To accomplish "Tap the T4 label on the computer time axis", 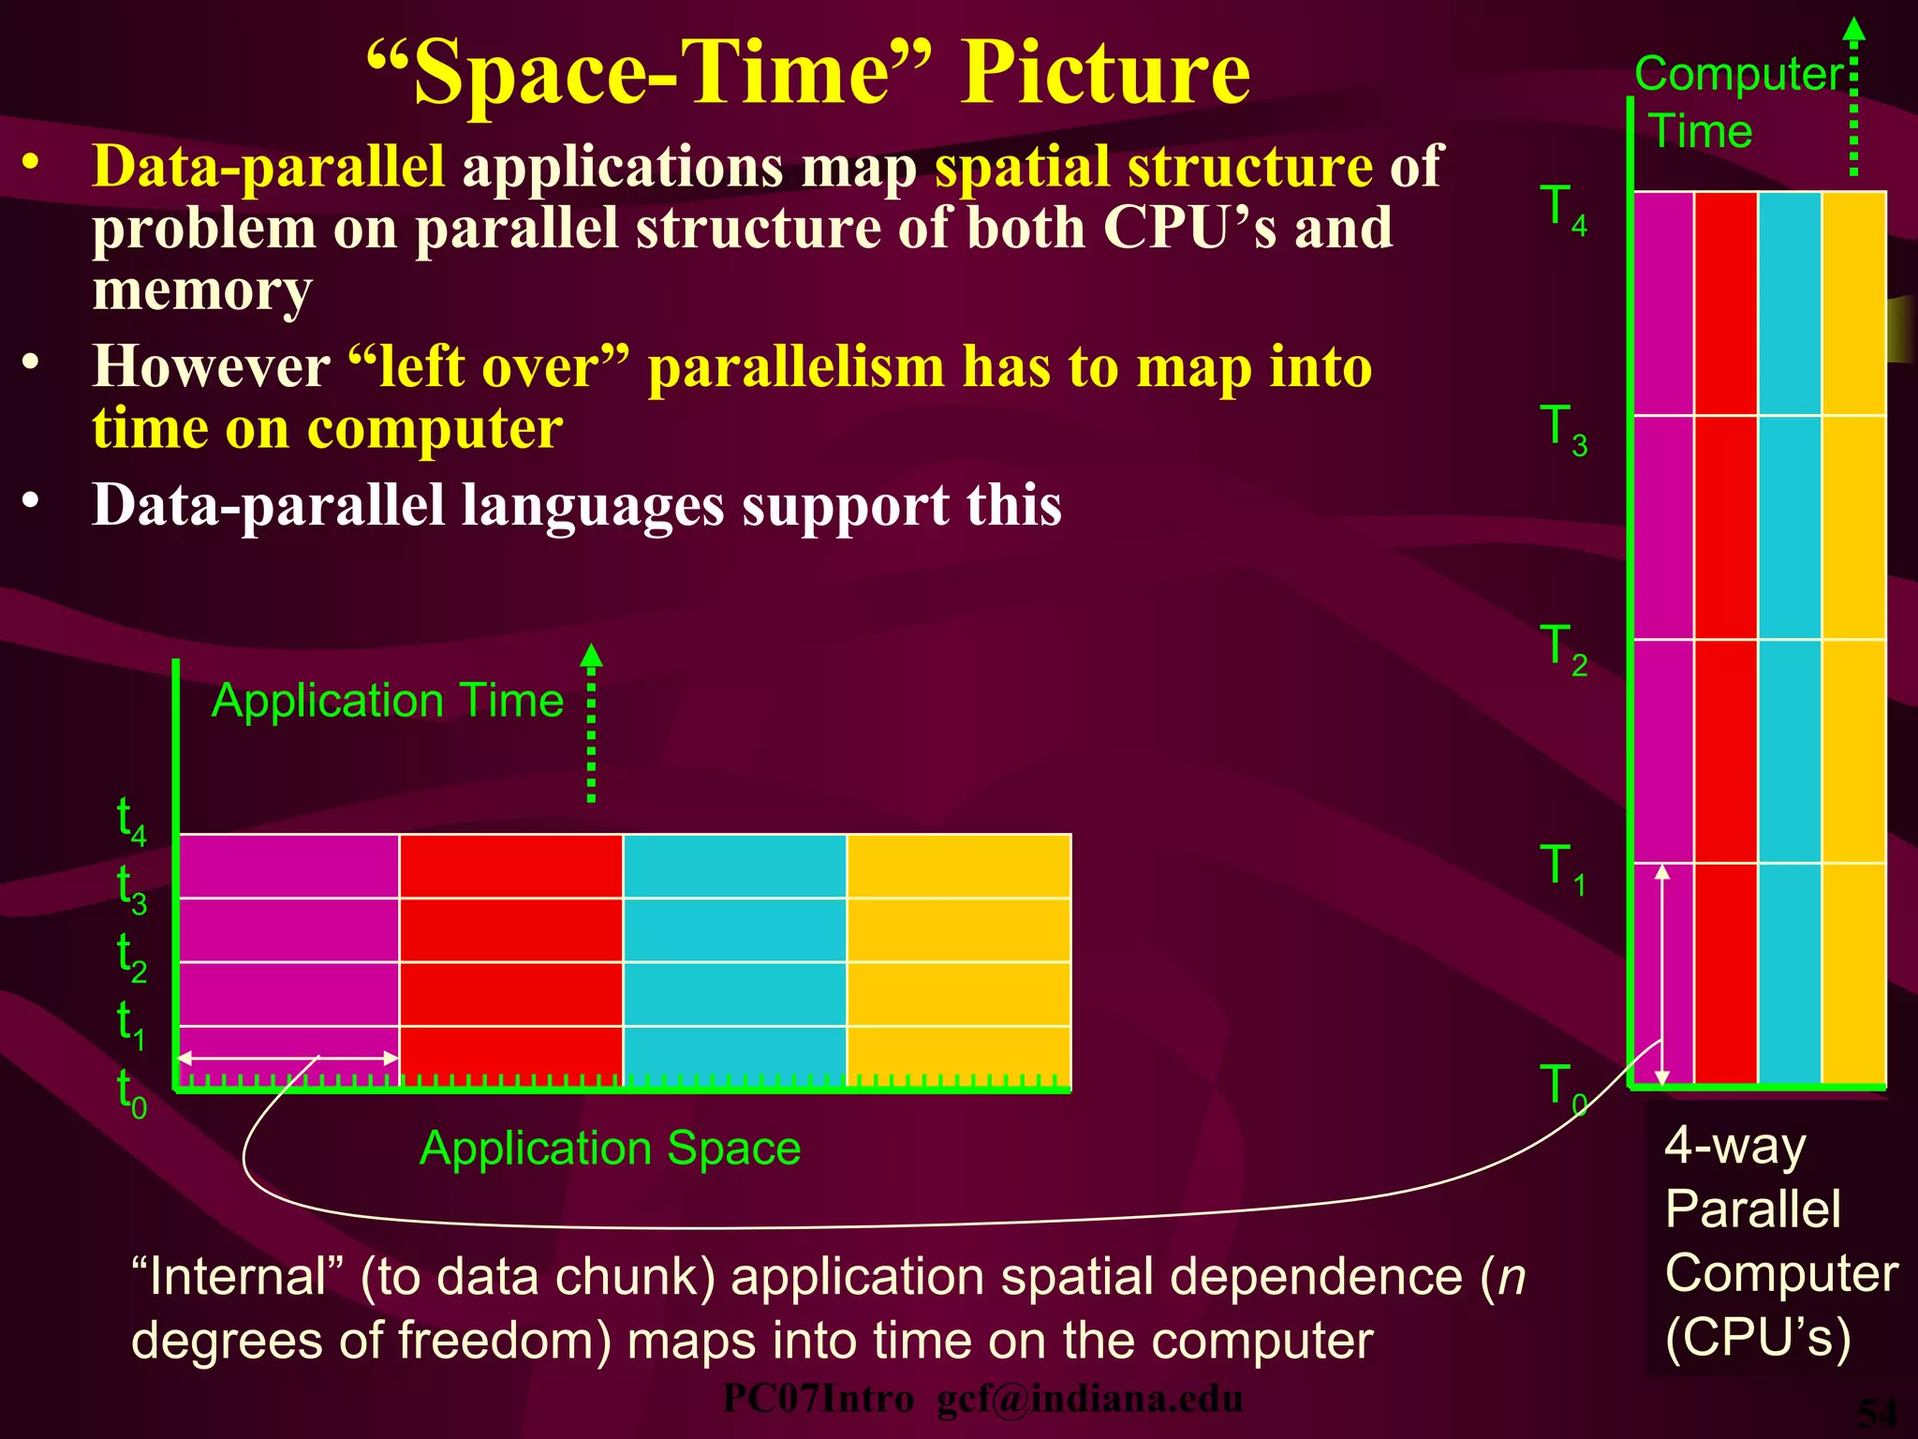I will [1562, 209].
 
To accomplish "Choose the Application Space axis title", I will [610, 1148].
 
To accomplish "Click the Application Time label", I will [388, 701].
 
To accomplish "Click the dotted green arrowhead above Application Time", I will [591, 655].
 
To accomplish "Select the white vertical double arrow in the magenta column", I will [1662, 974].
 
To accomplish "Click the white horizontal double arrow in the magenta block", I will [288, 1059].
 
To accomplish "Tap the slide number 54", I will [1877, 1413].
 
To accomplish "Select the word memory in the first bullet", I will [201, 290].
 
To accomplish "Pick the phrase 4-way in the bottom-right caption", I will [1734, 1145].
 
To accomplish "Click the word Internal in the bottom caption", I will [239, 1277].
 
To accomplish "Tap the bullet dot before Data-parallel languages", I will [32, 501].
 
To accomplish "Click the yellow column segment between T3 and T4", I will [1853, 303].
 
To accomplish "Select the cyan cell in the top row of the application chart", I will [734, 866].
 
